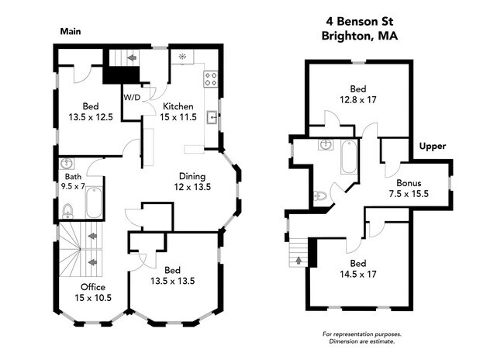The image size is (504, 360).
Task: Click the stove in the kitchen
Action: tap(210, 78)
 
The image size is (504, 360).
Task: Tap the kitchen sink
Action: tap(212, 118)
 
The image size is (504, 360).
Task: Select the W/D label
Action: tap(132, 98)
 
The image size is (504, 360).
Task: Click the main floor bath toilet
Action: tap(67, 210)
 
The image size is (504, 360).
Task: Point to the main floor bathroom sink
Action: tap(67, 164)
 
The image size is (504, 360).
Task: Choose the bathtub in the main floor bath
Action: tap(92, 202)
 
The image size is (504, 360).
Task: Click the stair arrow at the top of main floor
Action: tap(131, 57)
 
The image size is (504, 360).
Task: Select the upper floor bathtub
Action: tap(348, 157)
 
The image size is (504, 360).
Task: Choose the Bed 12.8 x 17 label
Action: tap(358, 94)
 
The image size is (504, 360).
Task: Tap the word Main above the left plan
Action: tap(71, 32)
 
